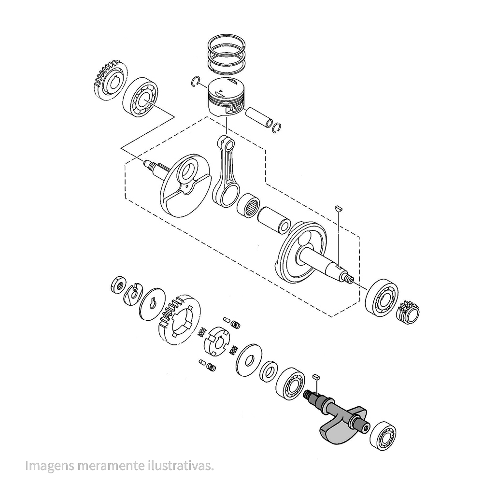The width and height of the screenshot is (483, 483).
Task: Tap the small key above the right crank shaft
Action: tap(339, 207)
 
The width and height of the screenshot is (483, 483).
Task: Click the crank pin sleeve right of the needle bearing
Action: tap(275, 219)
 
